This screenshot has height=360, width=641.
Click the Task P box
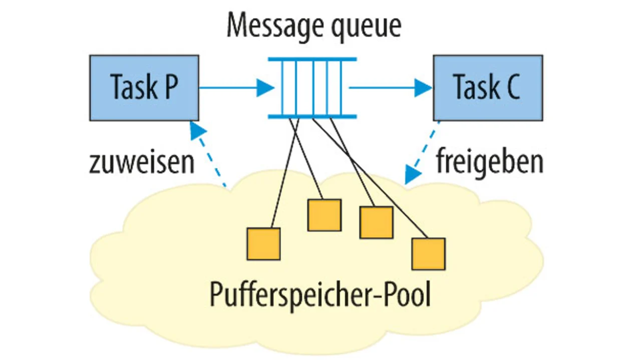click(x=144, y=88)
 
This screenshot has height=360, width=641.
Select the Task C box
click(x=487, y=88)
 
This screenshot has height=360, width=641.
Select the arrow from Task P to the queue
click(x=235, y=88)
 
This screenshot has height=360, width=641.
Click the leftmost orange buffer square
click(x=263, y=244)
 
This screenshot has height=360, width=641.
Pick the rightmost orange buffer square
click(x=428, y=254)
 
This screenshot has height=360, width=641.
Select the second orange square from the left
click(x=324, y=215)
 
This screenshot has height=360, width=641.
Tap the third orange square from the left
click(x=376, y=222)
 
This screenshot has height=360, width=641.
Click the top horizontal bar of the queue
click(x=312, y=59)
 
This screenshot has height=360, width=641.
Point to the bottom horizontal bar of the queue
click(x=312, y=117)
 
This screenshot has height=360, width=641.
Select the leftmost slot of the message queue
click(x=285, y=88)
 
